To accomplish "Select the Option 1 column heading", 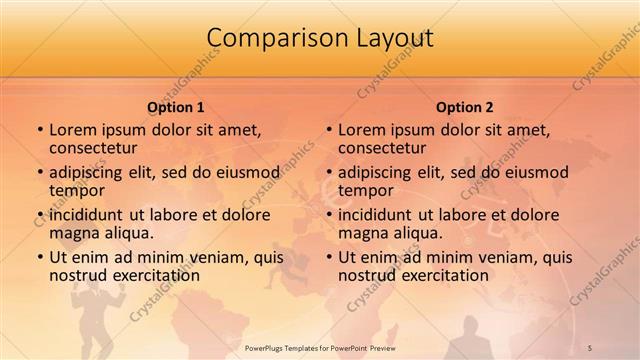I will click(x=176, y=107).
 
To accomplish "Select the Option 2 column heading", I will click(x=465, y=107).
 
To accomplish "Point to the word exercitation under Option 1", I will click(x=155, y=275).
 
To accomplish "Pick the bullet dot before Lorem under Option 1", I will click(x=39, y=130).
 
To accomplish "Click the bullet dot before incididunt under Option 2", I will click(x=328, y=215).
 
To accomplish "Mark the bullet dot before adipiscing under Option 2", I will click(x=328, y=172).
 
